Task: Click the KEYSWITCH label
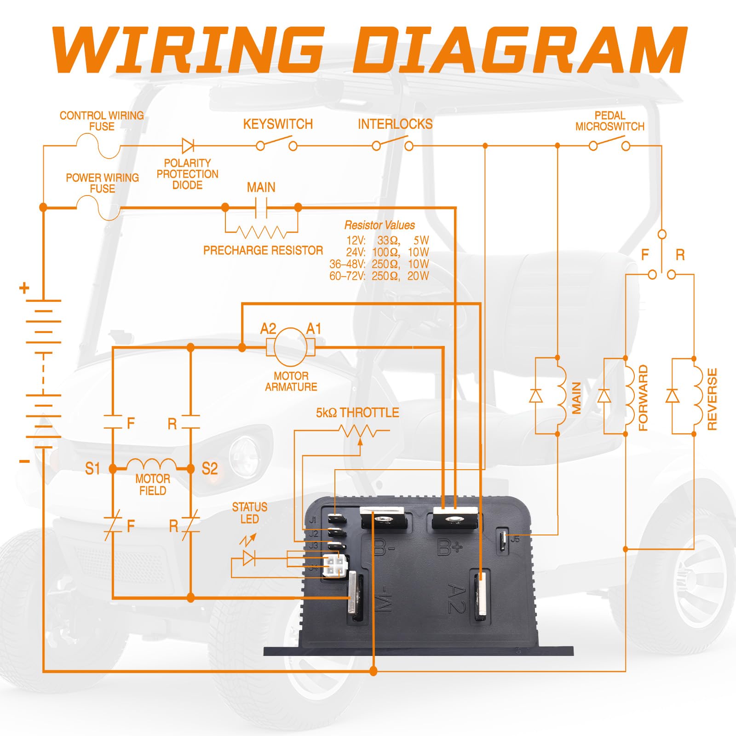pyautogui.click(x=278, y=124)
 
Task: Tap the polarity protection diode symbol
pyautogui.click(x=188, y=146)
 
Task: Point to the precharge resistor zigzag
pyautogui.click(x=261, y=232)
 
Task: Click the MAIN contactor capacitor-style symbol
pyautogui.click(x=261, y=207)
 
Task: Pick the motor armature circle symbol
pyautogui.click(x=291, y=347)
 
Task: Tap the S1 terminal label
pyautogui.click(x=92, y=469)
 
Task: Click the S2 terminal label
pyautogui.click(x=210, y=469)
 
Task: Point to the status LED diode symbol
pyautogui.click(x=249, y=558)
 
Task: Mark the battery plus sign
pyautogui.click(x=24, y=288)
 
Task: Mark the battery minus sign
pyautogui.click(x=25, y=461)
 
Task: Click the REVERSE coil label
pyautogui.click(x=712, y=399)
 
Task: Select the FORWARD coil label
pyautogui.click(x=643, y=398)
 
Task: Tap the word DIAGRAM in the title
pyautogui.click(x=520, y=49)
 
